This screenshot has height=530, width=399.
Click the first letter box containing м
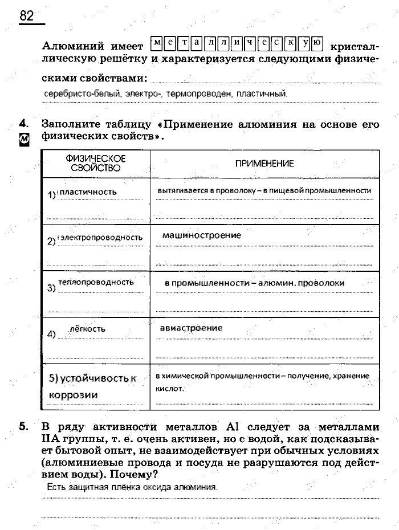click(x=157, y=42)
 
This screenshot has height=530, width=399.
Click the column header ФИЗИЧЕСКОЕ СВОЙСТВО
click(x=96, y=163)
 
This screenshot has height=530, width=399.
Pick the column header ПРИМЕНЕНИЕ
click(x=264, y=164)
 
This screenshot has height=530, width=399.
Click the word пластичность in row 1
click(x=88, y=192)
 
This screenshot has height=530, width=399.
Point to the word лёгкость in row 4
click(x=87, y=329)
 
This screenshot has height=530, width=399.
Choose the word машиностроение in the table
click(x=201, y=235)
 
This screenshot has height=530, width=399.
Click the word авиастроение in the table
click(x=191, y=328)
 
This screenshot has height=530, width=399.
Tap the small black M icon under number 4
click(x=23, y=138)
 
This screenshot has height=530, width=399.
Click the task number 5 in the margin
click(x=23, y=426)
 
